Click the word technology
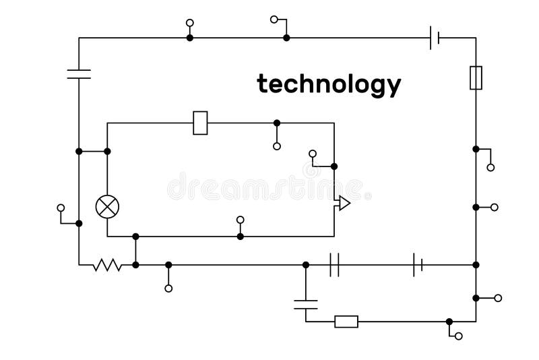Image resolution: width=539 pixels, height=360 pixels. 329,85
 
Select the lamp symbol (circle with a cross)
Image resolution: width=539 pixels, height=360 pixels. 107,206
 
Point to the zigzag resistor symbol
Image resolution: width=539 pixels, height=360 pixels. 107,265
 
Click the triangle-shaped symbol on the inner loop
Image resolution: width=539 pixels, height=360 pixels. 343,203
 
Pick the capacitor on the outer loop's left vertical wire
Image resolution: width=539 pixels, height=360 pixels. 79,73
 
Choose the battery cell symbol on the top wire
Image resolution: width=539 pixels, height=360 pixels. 435,38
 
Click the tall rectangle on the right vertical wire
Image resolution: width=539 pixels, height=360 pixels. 476,78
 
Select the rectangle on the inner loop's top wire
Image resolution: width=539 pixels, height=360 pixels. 200,123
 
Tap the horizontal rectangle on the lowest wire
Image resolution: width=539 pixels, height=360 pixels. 346,322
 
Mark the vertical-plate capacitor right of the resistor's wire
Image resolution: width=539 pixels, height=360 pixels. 334,265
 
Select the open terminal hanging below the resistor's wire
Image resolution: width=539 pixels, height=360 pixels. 168,289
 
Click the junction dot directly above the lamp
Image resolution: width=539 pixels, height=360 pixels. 107,151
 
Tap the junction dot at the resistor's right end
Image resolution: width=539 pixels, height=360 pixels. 135,265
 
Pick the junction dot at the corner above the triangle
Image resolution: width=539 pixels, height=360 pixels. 334,166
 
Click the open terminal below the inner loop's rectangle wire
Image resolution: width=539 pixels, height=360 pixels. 277,146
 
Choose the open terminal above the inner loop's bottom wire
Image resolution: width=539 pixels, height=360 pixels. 241,219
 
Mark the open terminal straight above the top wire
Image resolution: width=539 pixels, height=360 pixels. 190,22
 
